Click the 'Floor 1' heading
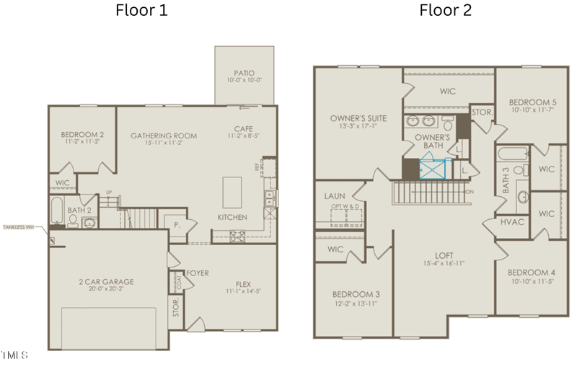pyautogui.click(x=142, y=11)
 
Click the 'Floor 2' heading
pyautogui.click(x=445, y=11)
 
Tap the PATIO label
pyautogui.click(x=244, y=73)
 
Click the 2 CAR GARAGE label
pyautogui.click(x=107, y=281)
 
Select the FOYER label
pyautogui.click(x=198, y=273)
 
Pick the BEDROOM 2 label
pyautogui.click(x=82, y=135)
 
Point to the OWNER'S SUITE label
pyautogui.click(x=358, y=118)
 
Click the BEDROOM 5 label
pyautogui.click(x=532, y=102)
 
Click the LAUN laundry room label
pyautogui.click(x=335, y=195)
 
